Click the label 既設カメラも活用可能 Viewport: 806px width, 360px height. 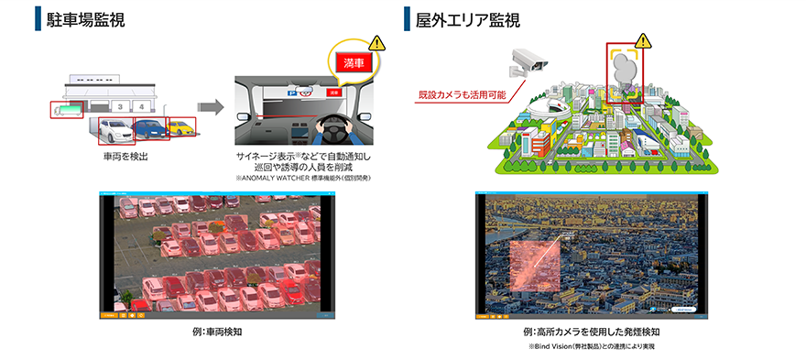click(461, 94)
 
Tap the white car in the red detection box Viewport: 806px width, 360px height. click(115, 131)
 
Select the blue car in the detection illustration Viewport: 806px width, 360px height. click(148, 128)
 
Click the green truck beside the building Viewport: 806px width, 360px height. click(67, 111)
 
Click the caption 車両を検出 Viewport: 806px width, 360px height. click(125, 158)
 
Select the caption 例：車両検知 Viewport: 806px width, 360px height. click(217, 331)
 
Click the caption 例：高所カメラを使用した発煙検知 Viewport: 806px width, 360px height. click(593, 331)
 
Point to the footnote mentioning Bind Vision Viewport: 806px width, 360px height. click(593, 347)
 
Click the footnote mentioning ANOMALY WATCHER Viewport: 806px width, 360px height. click(303, 178)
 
